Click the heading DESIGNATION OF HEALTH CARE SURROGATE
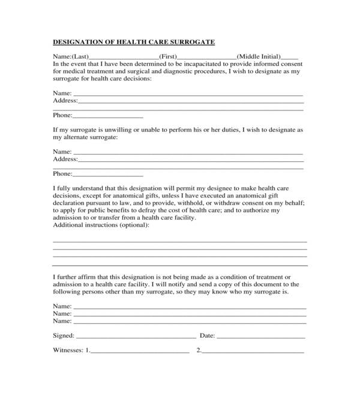(x=134, y=43)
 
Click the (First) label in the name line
(x=167, y=56)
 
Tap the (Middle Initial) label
(x=259, y=56)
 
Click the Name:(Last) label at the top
(x=71, y=56)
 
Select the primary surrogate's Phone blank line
(x=108, y=116)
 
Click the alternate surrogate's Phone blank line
(x=108, y=175)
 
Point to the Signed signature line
(x=136, y=337)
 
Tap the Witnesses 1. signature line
(x=140, y=351)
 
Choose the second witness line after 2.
(x=253, y=351)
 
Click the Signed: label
(x=64, y=335)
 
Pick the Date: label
(x=207, y=335)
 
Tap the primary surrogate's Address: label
(x=65, y=101)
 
